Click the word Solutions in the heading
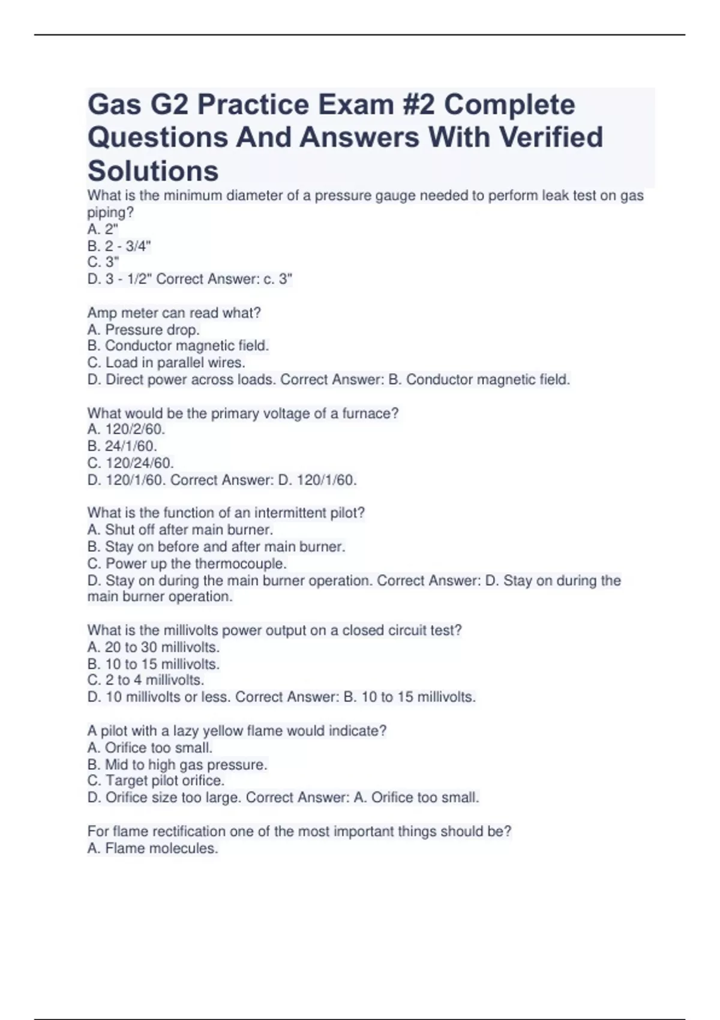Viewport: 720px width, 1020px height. click(153, 171)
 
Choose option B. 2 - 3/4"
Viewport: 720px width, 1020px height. click(119, 246)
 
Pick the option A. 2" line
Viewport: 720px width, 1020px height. click(103, 229)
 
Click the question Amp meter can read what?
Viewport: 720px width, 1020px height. click(174, 313)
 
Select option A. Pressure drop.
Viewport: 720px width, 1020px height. click(143, 329)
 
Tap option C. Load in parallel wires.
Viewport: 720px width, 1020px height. click(166, 362)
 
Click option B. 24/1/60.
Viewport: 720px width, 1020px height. click(122, 446)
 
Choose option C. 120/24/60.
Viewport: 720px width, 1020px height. click(130, 463)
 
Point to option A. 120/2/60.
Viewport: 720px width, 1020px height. click(126, 430)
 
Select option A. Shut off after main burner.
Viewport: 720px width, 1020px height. click(180, 530)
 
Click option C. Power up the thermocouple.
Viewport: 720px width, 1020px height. click(187, 563)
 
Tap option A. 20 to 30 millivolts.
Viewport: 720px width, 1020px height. click(154, 647)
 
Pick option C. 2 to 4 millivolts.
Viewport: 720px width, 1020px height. click(146, 680)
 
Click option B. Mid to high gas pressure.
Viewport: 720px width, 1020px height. click(177, 764)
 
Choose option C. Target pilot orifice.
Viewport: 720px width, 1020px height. click(156, 781)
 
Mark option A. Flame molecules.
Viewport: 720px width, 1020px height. click(152, 848)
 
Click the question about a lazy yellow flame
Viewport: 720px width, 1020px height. click(237, 731)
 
